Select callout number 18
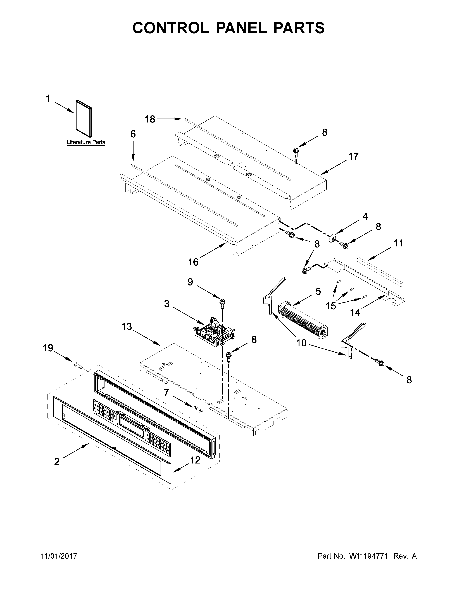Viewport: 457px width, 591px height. (150, 119)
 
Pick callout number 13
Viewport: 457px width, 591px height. (127, 327)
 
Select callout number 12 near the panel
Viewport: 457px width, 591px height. (195, 460)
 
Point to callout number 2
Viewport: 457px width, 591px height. (57, 462)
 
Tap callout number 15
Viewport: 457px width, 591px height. (331, 306)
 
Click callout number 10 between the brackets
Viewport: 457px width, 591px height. (301, 343)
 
